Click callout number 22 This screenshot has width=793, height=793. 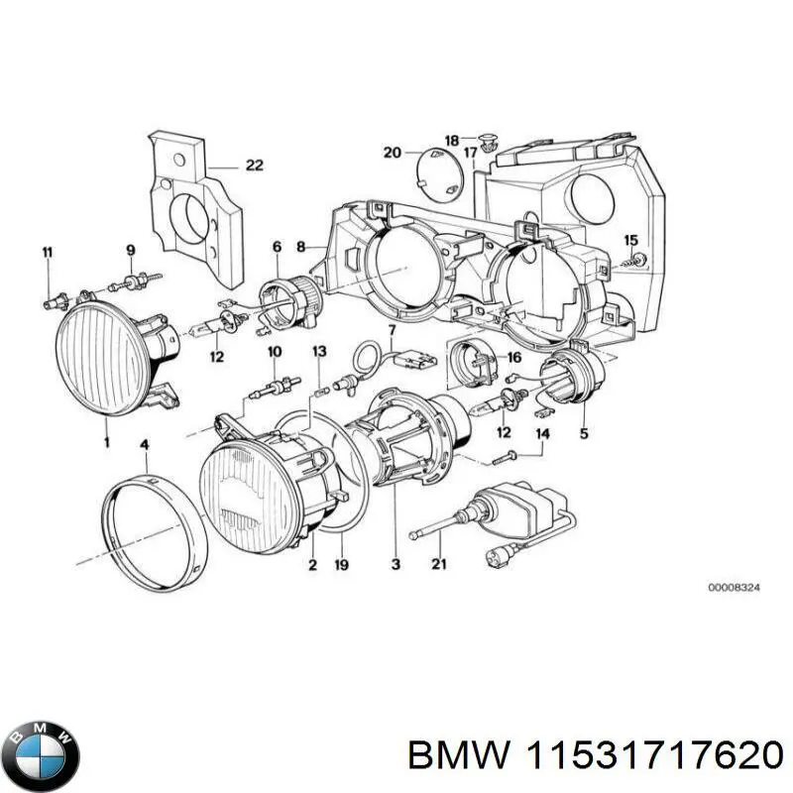[x=254, y=166]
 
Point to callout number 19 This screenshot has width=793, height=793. [x=340, y=566]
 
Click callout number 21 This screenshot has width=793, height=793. [x=439, y=566]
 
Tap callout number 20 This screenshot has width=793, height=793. [x=392, y=152]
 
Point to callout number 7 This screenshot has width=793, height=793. [x=392, y=329]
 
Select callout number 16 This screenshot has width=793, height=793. [x=513, y=357]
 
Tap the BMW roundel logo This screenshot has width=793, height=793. [x=41, y=742]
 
